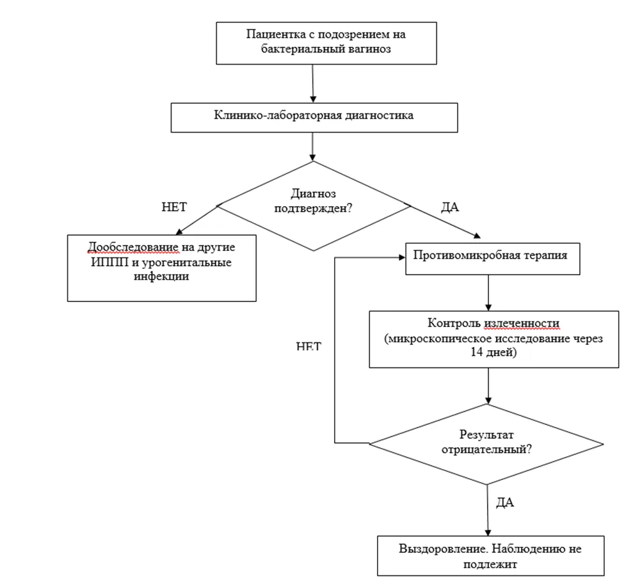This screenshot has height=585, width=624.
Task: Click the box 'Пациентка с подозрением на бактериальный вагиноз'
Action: pyautogui.click(x=326, y=43)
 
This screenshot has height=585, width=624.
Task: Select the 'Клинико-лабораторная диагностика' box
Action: pyautogui.click(x=314, y=118)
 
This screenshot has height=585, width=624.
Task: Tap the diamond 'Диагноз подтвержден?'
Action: pyautogui.click(x=314, y=205)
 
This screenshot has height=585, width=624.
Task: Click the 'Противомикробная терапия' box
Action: pyautogui.click(x=493, y=259)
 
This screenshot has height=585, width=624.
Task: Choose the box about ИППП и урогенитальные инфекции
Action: pyautogui.click(x=161, y=268)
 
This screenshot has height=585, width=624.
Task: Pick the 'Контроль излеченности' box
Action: pyautogui.click(x=494, y=339)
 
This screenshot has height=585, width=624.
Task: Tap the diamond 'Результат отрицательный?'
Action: pyautogui.click(x=486, y=444)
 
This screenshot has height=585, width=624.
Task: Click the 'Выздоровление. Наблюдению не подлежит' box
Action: pyautogui.click(x=491, y=556)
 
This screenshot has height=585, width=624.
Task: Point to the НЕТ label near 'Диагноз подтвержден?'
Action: pyautogui.click(x=174, y=207)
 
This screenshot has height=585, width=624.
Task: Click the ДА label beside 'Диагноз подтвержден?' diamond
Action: pyautogui.click(x=450, y=207)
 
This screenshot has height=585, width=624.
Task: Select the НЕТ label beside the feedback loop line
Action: pyautogui.click(x=308, y=346)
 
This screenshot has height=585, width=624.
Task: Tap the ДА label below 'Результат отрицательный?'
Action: pyautogui.click(x=505, y=502)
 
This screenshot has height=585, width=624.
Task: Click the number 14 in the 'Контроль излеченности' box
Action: pyautogui.click(x=477, y=352)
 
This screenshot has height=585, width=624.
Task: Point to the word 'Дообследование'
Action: pyautogui.click(x=133, y=247)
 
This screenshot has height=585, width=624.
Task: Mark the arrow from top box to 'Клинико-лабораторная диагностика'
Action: pyautogui.click(x=313, y=84)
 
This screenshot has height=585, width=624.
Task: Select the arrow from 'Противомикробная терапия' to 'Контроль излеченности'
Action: pyautogui.click(x=488, y=293)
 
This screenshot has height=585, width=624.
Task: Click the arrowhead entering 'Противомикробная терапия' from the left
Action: pyautogui.click(x=402, y=257)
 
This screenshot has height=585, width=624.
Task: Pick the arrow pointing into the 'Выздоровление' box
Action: pyautogui.click(x=488, y=510)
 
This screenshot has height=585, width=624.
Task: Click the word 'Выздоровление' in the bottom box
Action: pyautogui.click(x=444, y=549)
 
